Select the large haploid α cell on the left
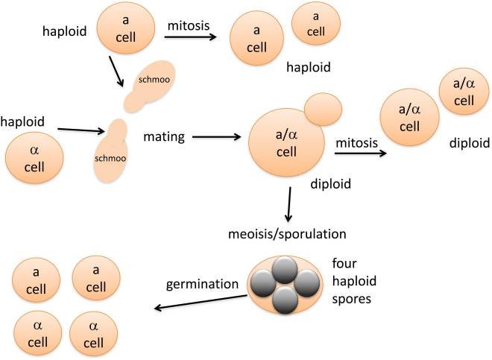[x=34, y=158]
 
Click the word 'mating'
[x=165, y=136]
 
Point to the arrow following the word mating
[x=215, y=137]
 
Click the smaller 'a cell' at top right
[x=317, y=23]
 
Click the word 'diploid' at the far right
[x=469, y=142]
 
